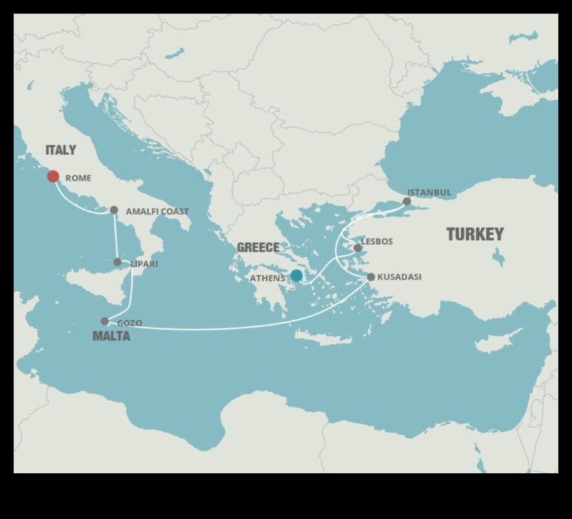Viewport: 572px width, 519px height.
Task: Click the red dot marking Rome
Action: point(53,176)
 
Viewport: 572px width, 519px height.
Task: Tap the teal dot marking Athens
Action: point(296,275)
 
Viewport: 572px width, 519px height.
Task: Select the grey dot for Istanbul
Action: point(407,201)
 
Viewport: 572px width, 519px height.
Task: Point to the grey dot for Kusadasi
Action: point(371,277)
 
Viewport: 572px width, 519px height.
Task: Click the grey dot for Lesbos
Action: point(357,248)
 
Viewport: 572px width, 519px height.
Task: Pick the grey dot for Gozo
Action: point(104,321)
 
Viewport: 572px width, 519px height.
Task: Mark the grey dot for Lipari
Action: point(117,262)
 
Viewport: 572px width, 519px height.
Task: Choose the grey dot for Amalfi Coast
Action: point(114,210)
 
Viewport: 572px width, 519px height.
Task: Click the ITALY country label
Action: point(61,150)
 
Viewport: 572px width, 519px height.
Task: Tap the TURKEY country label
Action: point(475,234)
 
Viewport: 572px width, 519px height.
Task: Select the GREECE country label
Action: point(258,248)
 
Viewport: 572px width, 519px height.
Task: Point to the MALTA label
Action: point(111,336)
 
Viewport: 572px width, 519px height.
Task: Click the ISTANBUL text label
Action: point(429,192)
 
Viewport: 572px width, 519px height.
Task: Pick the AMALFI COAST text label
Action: point(157,212)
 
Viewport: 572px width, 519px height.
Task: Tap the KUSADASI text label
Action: point(399,277)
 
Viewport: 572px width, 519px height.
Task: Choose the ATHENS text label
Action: point(268,278)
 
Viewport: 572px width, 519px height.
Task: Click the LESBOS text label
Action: point(377,241)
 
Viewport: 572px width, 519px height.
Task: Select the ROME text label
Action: point(78,178)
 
